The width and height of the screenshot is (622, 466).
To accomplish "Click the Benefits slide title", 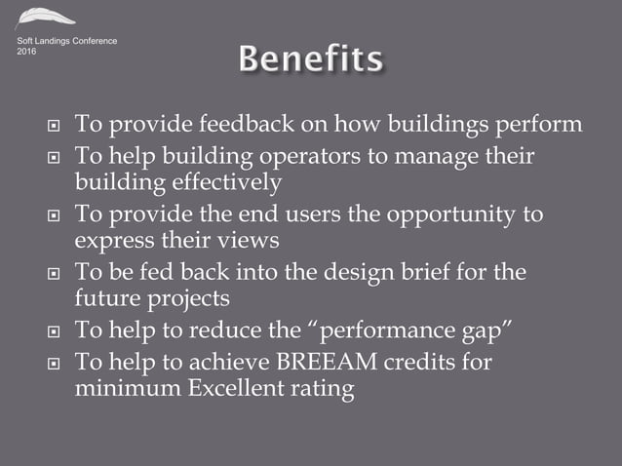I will click(x=311, y=60).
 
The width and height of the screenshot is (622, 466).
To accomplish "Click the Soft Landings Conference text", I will click(x=66, y=41).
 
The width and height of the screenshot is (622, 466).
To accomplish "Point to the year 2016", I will click(x=28, y=52).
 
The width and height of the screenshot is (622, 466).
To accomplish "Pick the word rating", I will click(x=323, y=390).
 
